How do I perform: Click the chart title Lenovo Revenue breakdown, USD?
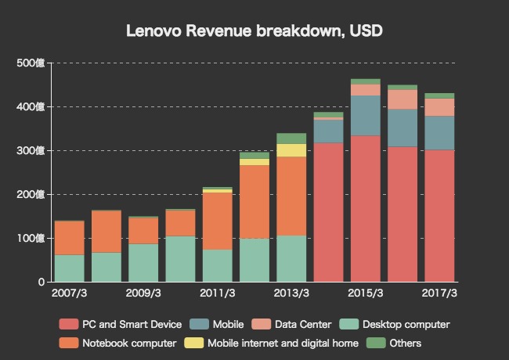(x=254, y=31)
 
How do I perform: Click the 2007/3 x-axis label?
(x=70, y=293)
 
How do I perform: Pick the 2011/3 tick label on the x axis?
(x=218, y=293)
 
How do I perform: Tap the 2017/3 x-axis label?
(x=440, y=293)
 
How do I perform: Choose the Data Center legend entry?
(x=294, y=324)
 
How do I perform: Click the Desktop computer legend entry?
(x=396, y=324)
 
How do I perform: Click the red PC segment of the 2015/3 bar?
(x=366, y=208)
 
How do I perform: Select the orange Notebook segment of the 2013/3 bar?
(x=291, y=196)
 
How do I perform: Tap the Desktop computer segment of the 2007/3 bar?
(x=70, y=268)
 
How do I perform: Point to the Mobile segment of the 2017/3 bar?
(x=440, y=133)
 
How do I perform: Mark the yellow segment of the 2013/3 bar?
(x=291, y=150)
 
